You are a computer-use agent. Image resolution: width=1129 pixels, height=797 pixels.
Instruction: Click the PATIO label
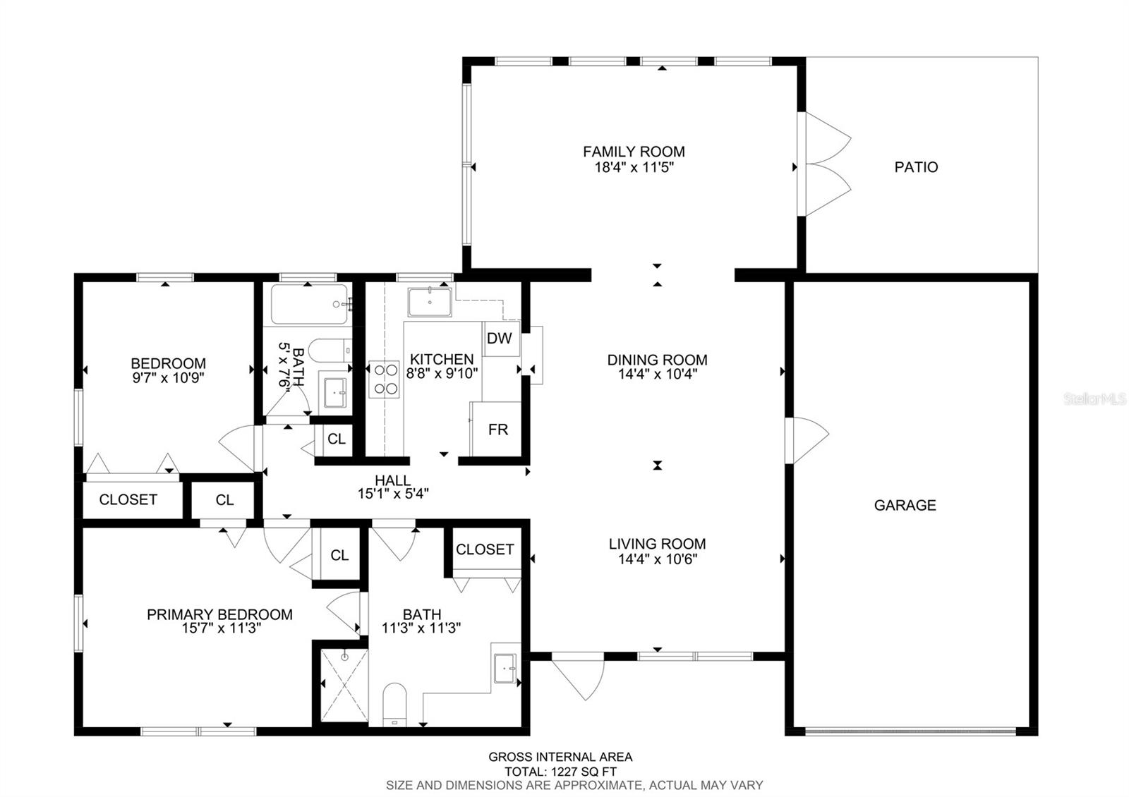(x=916, y=167)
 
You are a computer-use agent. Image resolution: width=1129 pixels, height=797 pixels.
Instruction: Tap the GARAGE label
(x=905, y=505)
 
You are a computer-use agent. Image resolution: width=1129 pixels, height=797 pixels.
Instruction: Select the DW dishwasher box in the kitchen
(x=500, y=338)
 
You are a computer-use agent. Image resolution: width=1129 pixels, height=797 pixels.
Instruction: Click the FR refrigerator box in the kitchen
(x=497, y=430)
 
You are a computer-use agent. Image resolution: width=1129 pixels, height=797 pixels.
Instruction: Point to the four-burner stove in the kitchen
(x=384, y=379)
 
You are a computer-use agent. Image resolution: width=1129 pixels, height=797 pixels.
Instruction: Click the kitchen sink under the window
(x=429, y=302)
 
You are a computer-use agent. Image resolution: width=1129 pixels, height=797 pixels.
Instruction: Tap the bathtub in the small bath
(x=309, y=304)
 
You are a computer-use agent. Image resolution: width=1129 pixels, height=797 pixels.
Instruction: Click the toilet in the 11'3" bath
(x=395, y=704)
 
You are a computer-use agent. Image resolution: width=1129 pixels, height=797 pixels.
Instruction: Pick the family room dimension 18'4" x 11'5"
(x=633, y=168)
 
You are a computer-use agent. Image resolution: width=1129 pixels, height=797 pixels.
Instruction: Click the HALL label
(x=392, y=480)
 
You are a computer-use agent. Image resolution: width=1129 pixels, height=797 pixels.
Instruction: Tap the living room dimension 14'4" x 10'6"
(x=657, y=559)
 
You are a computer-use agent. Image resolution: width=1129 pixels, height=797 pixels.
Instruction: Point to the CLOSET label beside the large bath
(x=485, y=549)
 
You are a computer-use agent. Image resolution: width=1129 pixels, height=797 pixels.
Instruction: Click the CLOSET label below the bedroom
(x=128, y=499)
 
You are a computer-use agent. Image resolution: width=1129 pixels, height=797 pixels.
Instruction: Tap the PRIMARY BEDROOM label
(x=219, y=614)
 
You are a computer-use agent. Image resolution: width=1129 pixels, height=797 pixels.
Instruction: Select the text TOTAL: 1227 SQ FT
(x=560, y=772)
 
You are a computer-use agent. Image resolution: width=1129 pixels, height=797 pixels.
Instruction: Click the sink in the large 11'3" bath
(x=505, y=667)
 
